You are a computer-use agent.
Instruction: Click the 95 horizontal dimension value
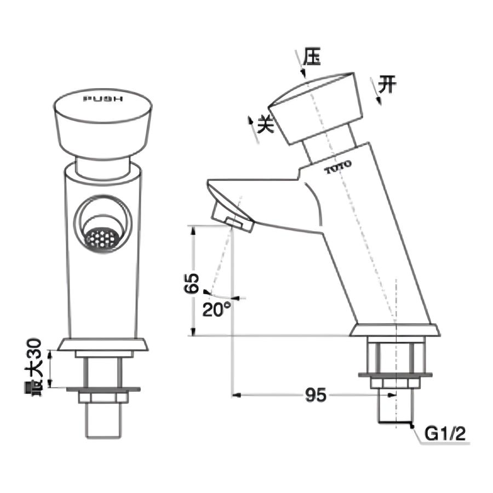(x=316, y=394)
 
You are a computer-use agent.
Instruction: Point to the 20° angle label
(x=216, y=309)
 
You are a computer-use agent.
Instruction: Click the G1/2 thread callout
(x=445, y=434)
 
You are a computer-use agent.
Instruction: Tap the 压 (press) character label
(x=312, y=57)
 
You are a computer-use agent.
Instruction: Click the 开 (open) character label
(x=388, y=85)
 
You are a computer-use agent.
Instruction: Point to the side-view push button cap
(x=318, y=107)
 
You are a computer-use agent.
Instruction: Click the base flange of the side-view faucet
(x=395, y=330)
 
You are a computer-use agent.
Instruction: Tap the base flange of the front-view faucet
(x=102, y=345)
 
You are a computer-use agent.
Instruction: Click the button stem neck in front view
(x=102, y=167)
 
